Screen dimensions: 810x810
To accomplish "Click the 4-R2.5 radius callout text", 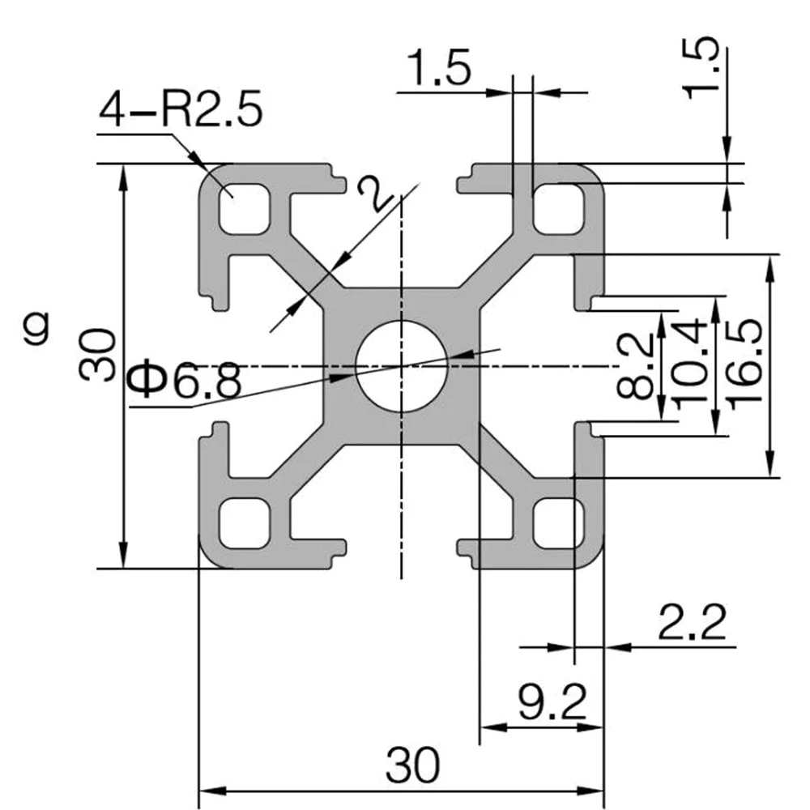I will pyautogui.click(x=181, y=110).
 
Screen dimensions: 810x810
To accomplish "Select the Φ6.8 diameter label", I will pyautogui.click(x=185, y=381).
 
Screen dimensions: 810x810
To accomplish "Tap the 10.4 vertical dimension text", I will pyautogui.click(x=690, y=364).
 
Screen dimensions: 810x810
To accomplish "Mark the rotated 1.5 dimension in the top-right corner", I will pyautogui.click(x=703, y=69).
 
